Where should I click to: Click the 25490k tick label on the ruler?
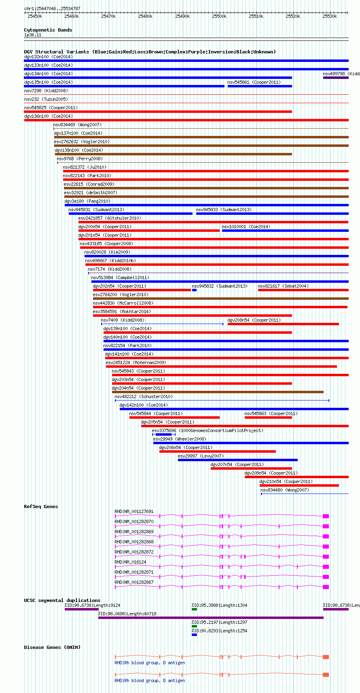tap(182, 17)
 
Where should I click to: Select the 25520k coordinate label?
tap(292, 17)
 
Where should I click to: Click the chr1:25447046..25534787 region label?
tap(52, 8)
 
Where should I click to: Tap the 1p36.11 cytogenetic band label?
tap(33, 35)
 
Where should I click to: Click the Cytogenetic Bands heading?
tap(48, 30)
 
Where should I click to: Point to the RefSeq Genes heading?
tap(41, 507)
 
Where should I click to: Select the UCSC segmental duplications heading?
tap(62, 600)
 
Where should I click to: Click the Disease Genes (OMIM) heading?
tap(52, 647)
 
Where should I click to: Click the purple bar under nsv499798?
tap(336, 78)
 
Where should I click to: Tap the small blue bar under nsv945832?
tap(194, 290)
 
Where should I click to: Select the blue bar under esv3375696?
tap(163, 434)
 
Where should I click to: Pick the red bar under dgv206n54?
tap(218, 451)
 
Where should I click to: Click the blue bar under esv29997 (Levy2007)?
tap(238, 460)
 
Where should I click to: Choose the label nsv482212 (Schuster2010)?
tap(144, 396)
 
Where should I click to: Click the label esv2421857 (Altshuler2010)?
tap(110, 218)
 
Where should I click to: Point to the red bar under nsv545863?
tap(268, 417)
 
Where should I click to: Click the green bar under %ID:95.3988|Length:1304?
tap(194, 609)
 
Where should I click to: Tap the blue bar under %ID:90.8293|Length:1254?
tap(194, 635)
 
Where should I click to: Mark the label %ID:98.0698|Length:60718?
tap(127, 614)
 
